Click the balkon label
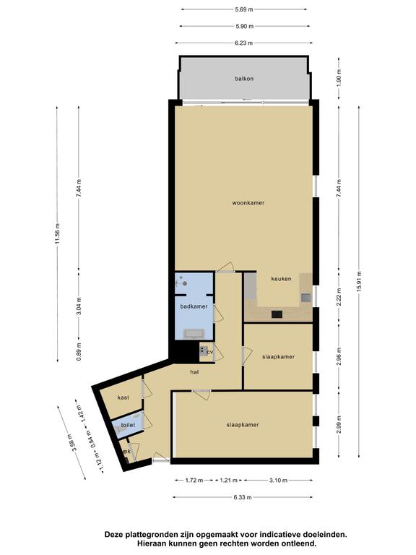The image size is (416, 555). pyautogui.click(x=244, y=79)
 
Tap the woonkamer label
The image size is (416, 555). pyautogui.click(x=248, y=203)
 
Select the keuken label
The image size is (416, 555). pyautogui.click(x=281, y=278)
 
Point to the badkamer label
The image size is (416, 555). pyautogui.click(x=194, y=306)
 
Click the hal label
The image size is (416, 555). pyautogui.click(x=194, y=372)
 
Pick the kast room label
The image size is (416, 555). pyautogui.click(x=123, y=397)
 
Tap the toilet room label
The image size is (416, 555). pyautogui.click(x=128, y=425)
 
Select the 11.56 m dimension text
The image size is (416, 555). pyautogui.click(x=57, y=234)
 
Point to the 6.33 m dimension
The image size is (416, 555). pyautogui.click(x=243, y=497)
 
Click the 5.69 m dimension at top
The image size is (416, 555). pyautogui.click(x=243, y=9)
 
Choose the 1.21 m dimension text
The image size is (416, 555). pyautogui.click(x=228, y=481)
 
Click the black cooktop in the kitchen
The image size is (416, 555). pyautogui.click(x=277, y=314)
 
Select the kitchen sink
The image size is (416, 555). pyautogui.click(x=306, y=297)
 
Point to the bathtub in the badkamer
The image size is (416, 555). pyautogui.click(x=194, y=333)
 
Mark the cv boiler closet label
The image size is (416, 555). pyautogui.click(x=209, y=352)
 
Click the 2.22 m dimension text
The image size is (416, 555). pyautogui.click(x=339, y=297)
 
